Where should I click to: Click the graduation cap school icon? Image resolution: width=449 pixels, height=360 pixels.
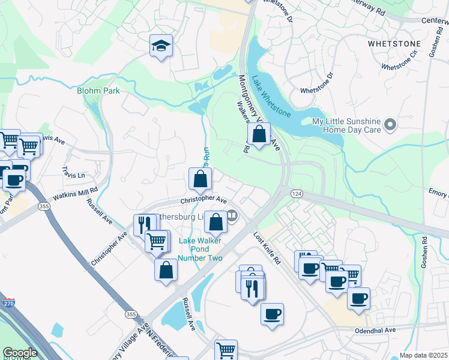(161, 46)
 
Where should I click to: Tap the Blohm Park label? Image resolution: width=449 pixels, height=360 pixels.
(98, 91)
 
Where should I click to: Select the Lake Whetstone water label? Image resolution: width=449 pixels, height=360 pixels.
(271, 96)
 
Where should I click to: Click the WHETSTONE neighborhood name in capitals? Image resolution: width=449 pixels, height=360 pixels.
(394, 44)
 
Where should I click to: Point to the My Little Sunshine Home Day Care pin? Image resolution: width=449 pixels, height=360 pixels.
(391, 125)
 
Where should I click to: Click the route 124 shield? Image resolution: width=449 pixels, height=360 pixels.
(297, 194)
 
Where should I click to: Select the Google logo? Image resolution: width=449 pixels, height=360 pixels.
(20, 353)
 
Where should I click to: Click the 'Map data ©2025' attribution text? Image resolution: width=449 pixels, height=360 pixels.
(423, 355)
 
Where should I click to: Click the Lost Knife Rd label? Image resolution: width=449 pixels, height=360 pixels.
(267, 248)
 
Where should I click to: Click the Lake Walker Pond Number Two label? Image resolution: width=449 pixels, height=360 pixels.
(201, 250)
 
